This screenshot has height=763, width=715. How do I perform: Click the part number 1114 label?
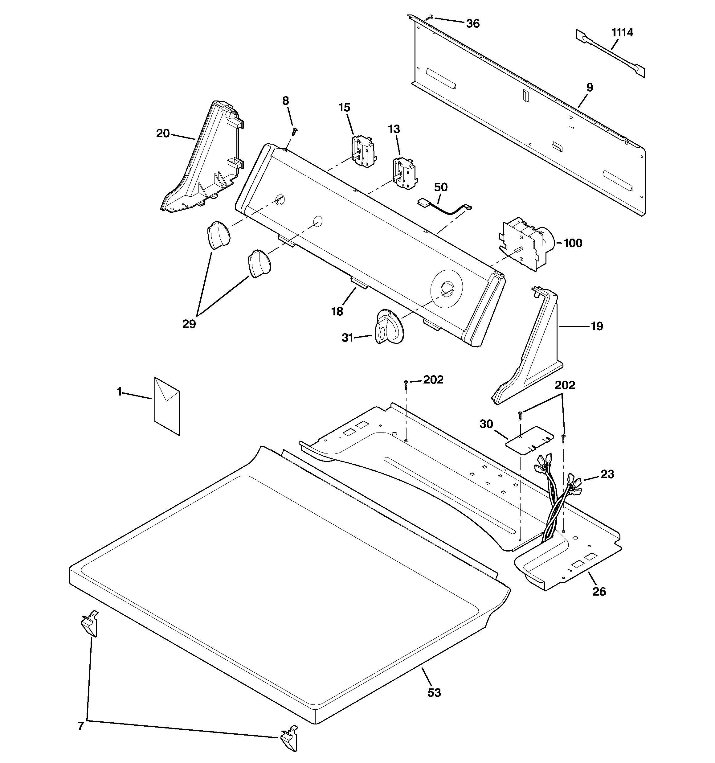click(x=622, y=33)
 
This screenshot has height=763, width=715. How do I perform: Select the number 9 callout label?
click(x=590, y=88)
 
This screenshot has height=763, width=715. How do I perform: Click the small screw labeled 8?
click(x=294, y=131)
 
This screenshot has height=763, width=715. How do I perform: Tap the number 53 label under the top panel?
click(x=434, y=693)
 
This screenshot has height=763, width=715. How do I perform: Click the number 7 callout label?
click(x=81, y=726)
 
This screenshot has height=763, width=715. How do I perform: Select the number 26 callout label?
click(x=599, y=591)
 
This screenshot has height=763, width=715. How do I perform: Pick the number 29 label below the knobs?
click(x=189, y=324)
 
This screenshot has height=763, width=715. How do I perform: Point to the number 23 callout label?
click(x=607, y=474)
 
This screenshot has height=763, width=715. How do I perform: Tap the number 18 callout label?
click(x=337, y=311)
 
